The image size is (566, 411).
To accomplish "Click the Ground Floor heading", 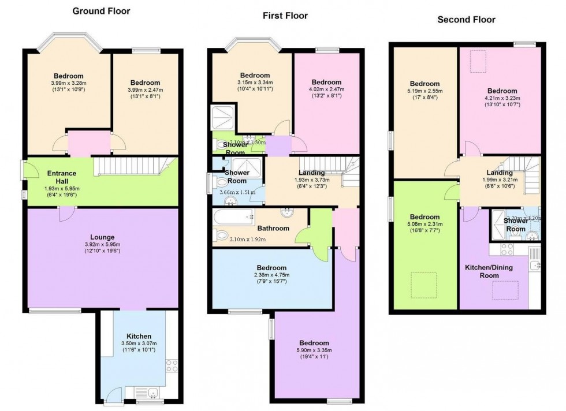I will click(x=101, y=11).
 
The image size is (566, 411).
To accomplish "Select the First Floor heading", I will click(x=285, y=16).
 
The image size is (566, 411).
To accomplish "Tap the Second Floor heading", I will click(x=466, y=19).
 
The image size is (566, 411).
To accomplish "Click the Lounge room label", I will click(x=102, y=237).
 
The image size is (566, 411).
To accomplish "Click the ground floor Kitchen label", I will click(x=139, y=336).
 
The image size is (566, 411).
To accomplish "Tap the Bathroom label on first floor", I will click(x=273, y=228).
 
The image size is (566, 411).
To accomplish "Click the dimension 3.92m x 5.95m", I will click(x=102, y=245).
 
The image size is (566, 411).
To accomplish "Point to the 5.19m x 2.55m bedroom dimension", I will click(x=425, y=91).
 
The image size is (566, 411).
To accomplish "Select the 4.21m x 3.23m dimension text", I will click(x=501, y=98).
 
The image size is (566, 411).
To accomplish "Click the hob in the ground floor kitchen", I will click(x=172, y=365).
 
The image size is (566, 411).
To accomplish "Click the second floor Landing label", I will click(x=499, y=173).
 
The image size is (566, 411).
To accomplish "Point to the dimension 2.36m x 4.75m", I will click(x=271, y=275).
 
